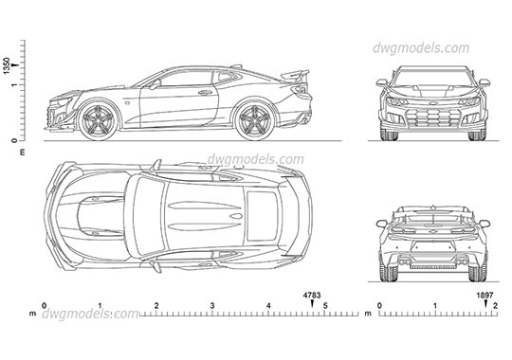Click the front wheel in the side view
100,119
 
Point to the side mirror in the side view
154,83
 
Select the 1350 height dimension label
8,66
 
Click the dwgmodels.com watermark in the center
256,159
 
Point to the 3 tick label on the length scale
212,306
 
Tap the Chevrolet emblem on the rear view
433,229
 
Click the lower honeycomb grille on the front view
433,119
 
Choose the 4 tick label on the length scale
269,306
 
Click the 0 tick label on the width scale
379,306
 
